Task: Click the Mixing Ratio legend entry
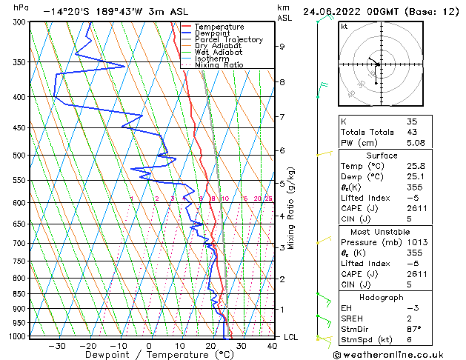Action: pyautogui.click(x=219, y=65)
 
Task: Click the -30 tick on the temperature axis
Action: pyautogui.click(x=57, y=345)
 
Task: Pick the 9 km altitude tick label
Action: pyautogui.click(x=282, y=46)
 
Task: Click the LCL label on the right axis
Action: pyautogui.click(x=292, y=337)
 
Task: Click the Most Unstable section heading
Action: pyautogui.click(x=382, y=232)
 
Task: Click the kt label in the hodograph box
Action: pyautogui.click(x=344, y=26)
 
